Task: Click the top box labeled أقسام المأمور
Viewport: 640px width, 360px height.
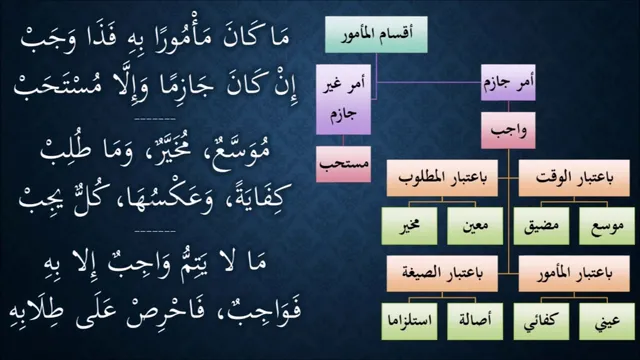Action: point(376,35)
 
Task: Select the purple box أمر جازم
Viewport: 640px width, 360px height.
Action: point(508,82)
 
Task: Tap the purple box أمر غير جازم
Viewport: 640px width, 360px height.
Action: point(343,100)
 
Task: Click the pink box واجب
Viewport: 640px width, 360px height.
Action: point(508,131)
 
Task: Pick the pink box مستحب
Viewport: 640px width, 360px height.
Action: point(343,164)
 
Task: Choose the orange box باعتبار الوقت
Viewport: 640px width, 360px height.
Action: point(574,178)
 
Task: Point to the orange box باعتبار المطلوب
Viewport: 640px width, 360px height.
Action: point(442,178)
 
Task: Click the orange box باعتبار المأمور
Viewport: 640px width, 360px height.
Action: point(574,274)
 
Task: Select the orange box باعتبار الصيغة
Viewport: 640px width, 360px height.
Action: point(442,274)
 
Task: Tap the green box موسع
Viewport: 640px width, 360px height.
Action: point(607,226)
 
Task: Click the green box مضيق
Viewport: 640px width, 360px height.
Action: point(541,226)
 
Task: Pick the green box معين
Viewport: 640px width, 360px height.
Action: point(475,226)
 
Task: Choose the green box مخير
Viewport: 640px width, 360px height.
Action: point(409,226)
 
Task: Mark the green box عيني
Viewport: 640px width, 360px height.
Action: point(607,322)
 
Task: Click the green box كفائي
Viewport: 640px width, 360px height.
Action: point(541,322)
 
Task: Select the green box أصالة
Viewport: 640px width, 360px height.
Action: point(475,322)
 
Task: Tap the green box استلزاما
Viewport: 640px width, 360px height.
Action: point(409,322)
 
